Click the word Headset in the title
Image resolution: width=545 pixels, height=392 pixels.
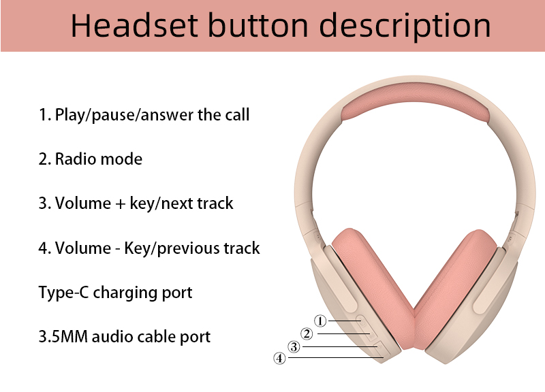pos(134,25)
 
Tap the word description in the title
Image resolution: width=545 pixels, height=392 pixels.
pos(405,27)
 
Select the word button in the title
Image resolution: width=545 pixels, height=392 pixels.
pos(258,24)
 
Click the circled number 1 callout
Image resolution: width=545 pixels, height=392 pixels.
pos(320,321)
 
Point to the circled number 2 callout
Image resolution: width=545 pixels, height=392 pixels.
pos(307,333)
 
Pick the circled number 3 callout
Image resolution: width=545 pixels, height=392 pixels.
pos(294,346)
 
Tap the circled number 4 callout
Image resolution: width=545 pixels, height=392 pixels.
pos(279,358)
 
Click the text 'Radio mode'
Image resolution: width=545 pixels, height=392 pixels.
pos(99,159)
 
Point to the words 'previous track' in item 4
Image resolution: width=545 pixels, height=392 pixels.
pos(208,248)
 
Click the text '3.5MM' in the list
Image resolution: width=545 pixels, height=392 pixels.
pos(63,336)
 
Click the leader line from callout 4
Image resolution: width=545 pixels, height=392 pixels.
pos(336,357)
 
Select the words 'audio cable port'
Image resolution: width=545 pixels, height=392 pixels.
pos(151,337)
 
